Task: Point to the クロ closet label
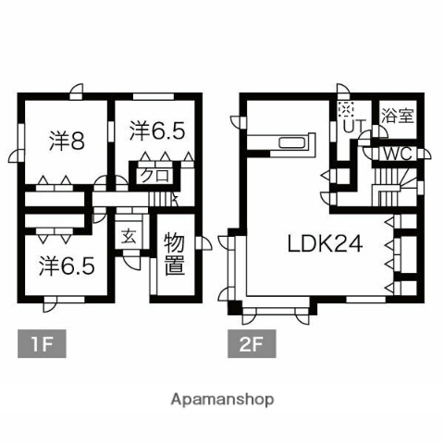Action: pos(154,174)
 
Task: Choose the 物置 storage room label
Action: pos(173,256)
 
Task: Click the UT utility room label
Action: pos(352,124)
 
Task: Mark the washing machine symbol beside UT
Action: pos(344,107)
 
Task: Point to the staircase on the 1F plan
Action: pos(167,196)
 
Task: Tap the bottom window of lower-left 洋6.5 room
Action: pos(66,298)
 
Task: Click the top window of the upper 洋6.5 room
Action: pos(146,95)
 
